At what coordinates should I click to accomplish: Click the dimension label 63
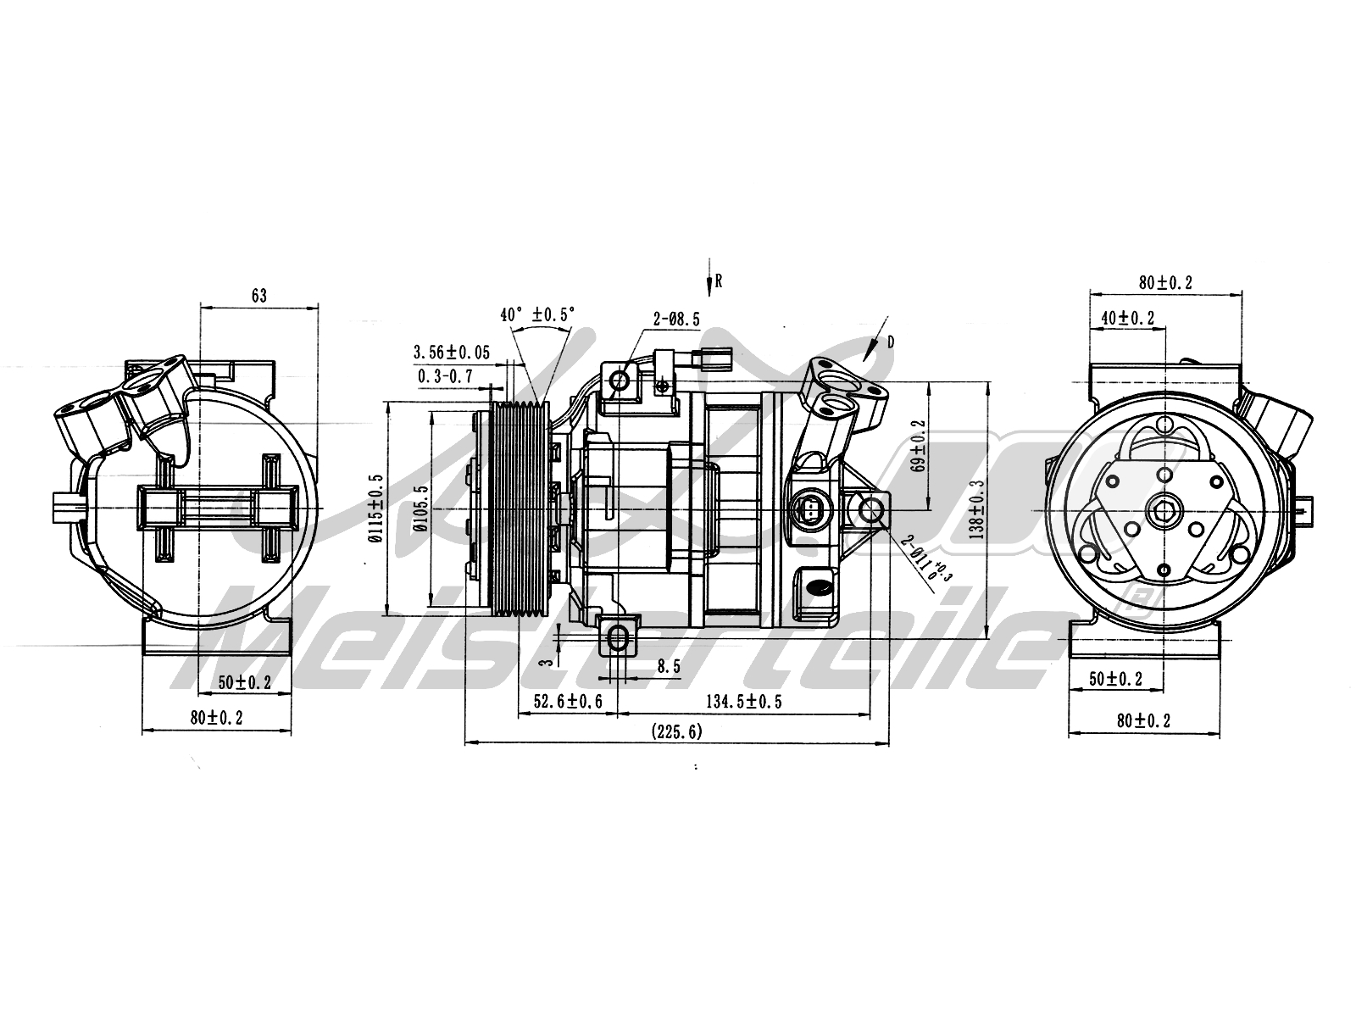(x=258, y=296)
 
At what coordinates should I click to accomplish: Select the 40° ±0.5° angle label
(x=537, y=314)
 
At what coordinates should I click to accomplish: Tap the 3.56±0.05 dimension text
(x=451, y=353)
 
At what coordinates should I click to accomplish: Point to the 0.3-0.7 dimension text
(x=445, y=375)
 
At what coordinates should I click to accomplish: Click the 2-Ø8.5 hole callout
(x=676, y=320)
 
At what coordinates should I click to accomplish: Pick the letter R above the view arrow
(x=718, y=281)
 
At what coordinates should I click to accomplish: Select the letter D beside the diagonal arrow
(x=891, y=342)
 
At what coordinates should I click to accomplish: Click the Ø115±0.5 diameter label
(x=377, y=508)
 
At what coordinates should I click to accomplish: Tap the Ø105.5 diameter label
(x=420, y=508)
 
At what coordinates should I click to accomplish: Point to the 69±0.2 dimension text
(x=921, y=445)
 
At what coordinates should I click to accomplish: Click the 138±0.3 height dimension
(x=977, y=508)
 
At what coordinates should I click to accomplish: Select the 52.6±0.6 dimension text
(x=568, y=701)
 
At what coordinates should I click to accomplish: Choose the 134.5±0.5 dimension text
(x=743, y=701)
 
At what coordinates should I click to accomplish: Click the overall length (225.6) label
(x=676, y=731)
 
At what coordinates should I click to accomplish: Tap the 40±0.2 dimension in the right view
(x=1128, y=318)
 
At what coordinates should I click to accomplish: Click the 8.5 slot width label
(x=669, y=667)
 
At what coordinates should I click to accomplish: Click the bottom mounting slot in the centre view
(x=619, y=636)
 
